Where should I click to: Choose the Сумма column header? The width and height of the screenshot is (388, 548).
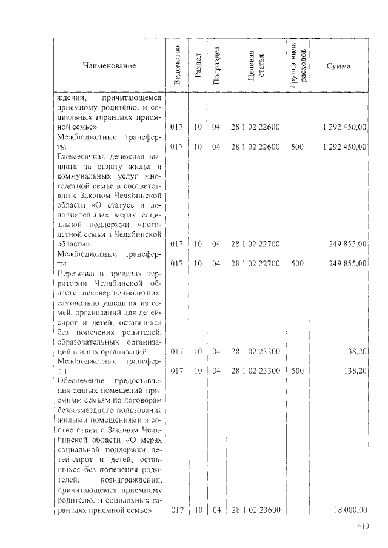[338, 65]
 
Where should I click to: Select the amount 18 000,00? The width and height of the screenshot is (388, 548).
[349, 510]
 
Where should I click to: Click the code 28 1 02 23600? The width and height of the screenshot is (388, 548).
[255, 510]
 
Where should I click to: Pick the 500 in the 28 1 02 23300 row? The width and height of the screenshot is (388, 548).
[297, 370]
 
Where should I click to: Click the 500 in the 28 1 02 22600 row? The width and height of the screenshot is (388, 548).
[297, 146]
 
